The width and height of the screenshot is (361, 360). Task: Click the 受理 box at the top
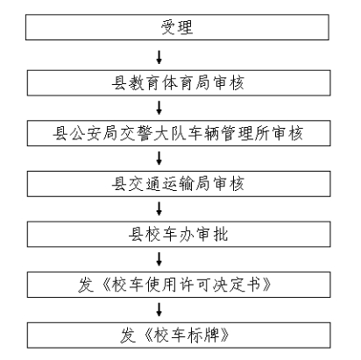click(x=177, y=27)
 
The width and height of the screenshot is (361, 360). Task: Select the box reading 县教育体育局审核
click(x=179, y=83)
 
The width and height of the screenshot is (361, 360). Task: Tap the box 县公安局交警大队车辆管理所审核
click(x=179, y=133)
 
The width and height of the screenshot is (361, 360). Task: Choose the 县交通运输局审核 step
click(x=179, y=184)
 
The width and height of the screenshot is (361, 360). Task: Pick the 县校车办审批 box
click(x=179, y=234)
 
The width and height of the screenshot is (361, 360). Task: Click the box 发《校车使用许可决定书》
click(x=179, y=285)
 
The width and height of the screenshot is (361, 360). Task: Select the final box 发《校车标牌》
click(x=179, y=335)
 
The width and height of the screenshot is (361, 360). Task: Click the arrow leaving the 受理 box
click(x=159, y=58)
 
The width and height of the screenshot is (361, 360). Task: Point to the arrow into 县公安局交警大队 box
click(x=159, y=108)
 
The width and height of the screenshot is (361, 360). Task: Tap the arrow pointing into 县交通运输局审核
click(x=159, y=159)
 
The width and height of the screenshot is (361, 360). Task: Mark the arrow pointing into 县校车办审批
click(x=159, y=209)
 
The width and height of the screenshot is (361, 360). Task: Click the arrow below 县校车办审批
click(x=159, y=259)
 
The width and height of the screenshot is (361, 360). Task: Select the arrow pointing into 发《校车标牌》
click(x=159, y=310)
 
